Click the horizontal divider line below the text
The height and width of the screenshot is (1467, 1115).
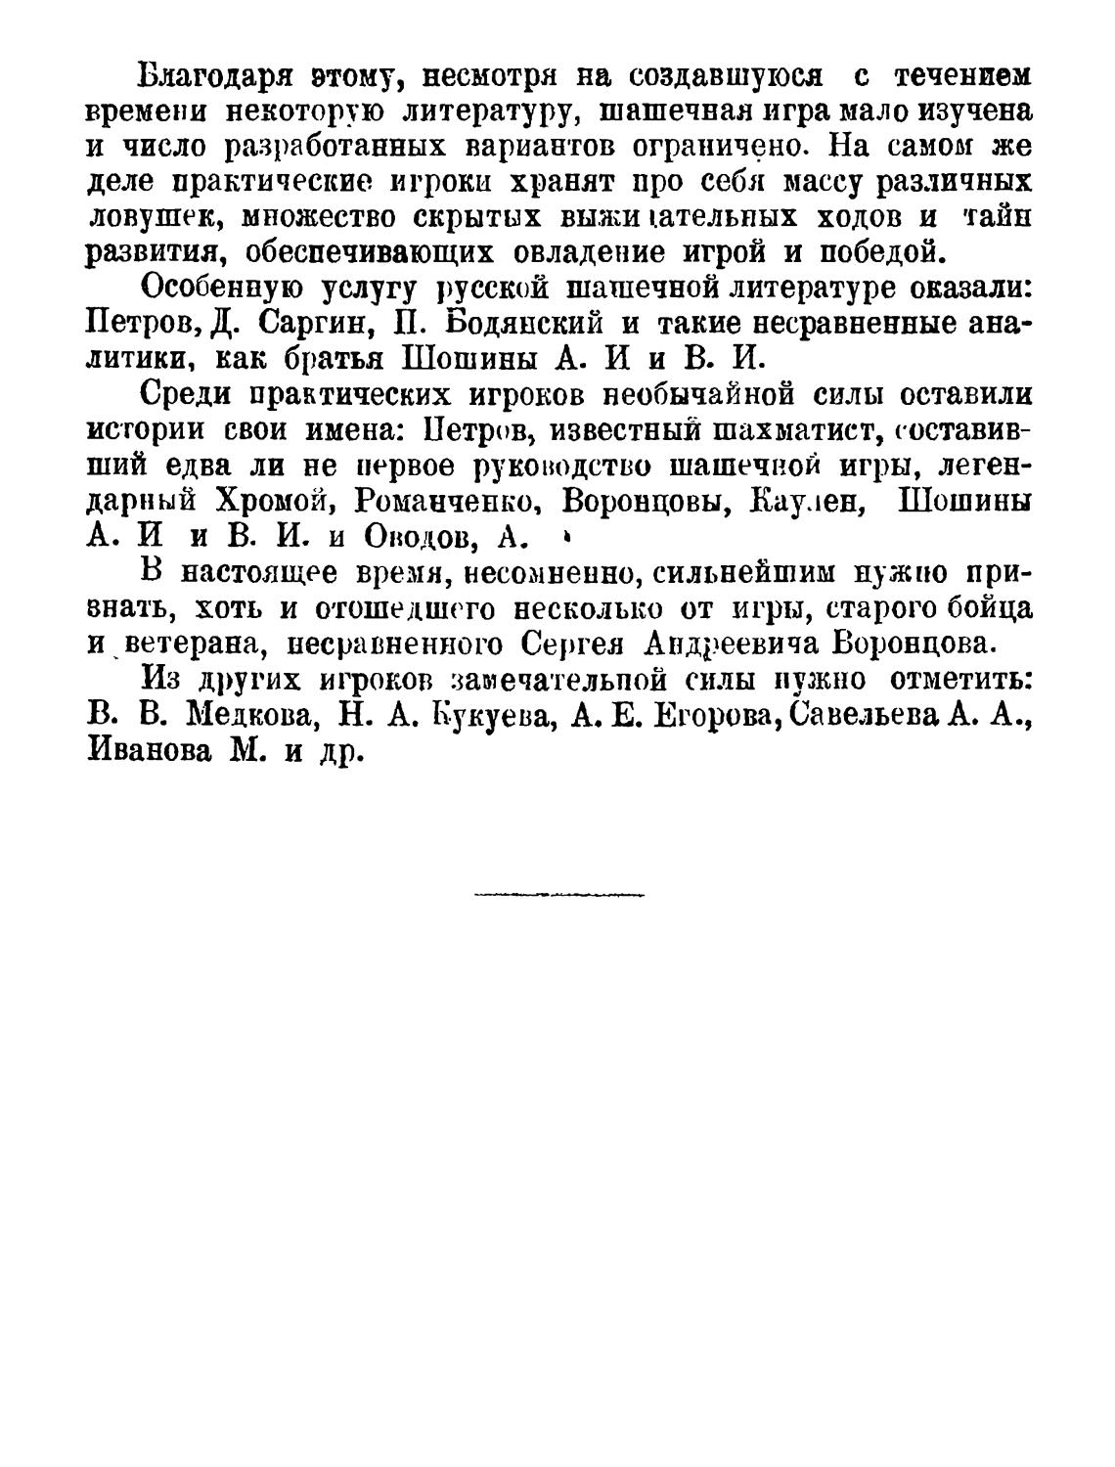[558, 894]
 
